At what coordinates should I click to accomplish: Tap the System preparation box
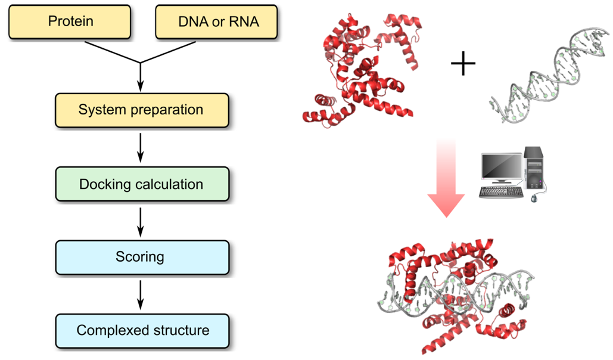(141, 110)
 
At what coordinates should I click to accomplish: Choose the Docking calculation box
(141, 184)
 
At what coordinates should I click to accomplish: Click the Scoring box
(141, 257)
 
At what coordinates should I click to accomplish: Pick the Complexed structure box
(141, 330)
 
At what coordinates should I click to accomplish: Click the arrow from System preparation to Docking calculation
(141, 147)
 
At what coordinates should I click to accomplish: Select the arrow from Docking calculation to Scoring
(141, 221)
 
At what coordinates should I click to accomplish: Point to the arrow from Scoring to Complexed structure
(141, 294)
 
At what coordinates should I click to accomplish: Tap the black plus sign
(463, 63)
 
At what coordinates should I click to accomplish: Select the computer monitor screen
(502, 169)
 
